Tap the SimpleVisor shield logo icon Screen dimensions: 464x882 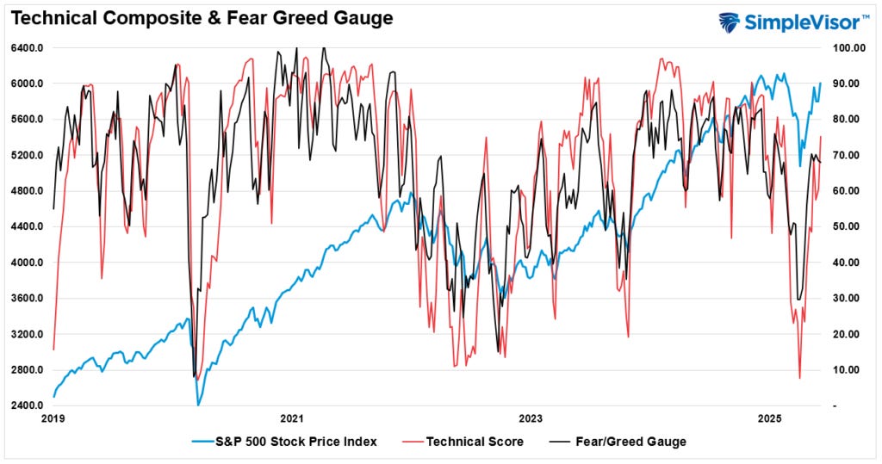729,22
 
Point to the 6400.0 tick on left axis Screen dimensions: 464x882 27,48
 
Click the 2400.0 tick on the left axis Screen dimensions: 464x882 27,406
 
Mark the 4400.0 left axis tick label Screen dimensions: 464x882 27,227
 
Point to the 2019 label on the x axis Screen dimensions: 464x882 53,419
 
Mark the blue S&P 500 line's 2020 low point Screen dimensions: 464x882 199,405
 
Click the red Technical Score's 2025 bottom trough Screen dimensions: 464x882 799,378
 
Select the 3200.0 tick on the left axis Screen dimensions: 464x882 27,335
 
